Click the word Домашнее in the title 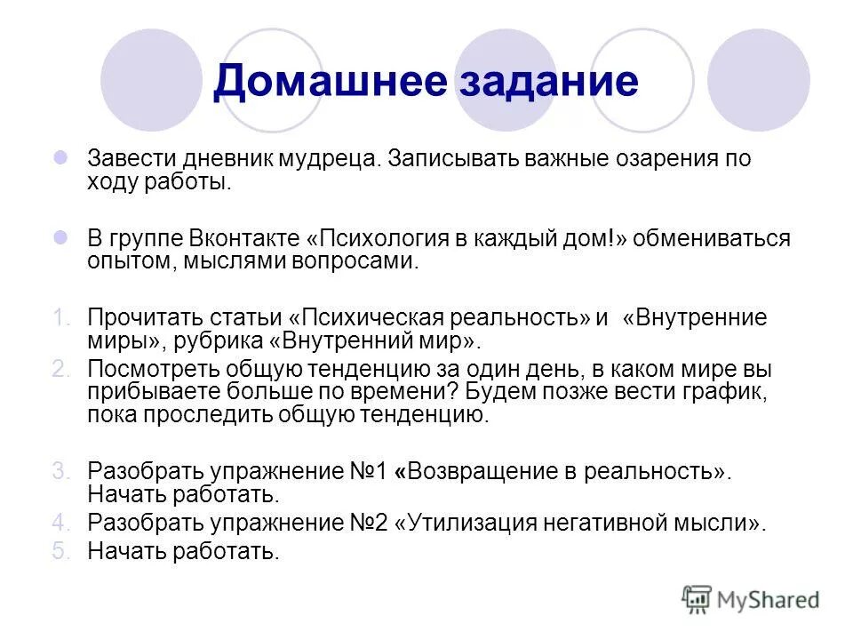(x=329, y=82)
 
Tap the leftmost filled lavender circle (x=152, y=80)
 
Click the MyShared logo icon (x=698, y=598)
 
